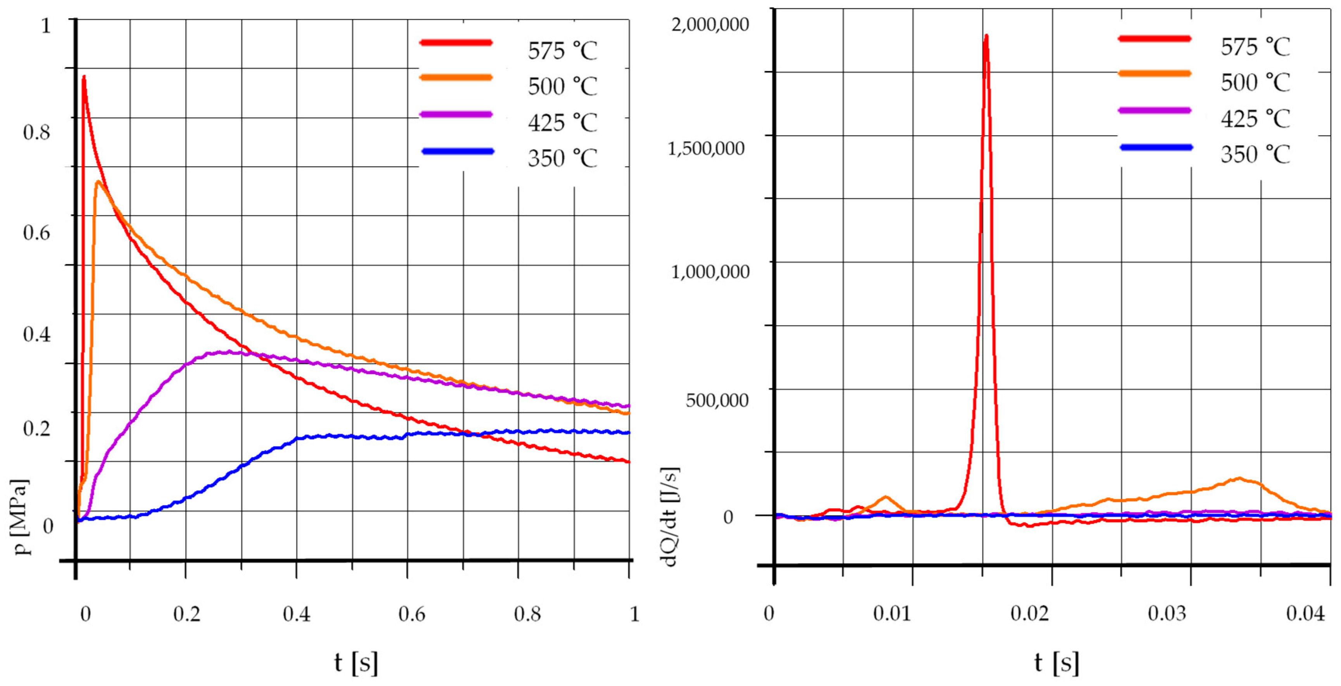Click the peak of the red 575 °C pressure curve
pos(83,77)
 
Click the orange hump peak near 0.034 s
pos(1239,478)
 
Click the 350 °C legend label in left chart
pos(562,158)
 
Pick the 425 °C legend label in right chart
pos(1255,119)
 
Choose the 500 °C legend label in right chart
pos(1255,82)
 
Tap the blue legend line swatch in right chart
pos(1156,148)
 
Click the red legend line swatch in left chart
pos(456,43)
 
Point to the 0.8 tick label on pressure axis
pos(36,132)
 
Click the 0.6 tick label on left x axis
pos(412,614)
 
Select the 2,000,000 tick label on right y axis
pos(710,24)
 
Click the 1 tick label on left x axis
pos(634,614)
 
